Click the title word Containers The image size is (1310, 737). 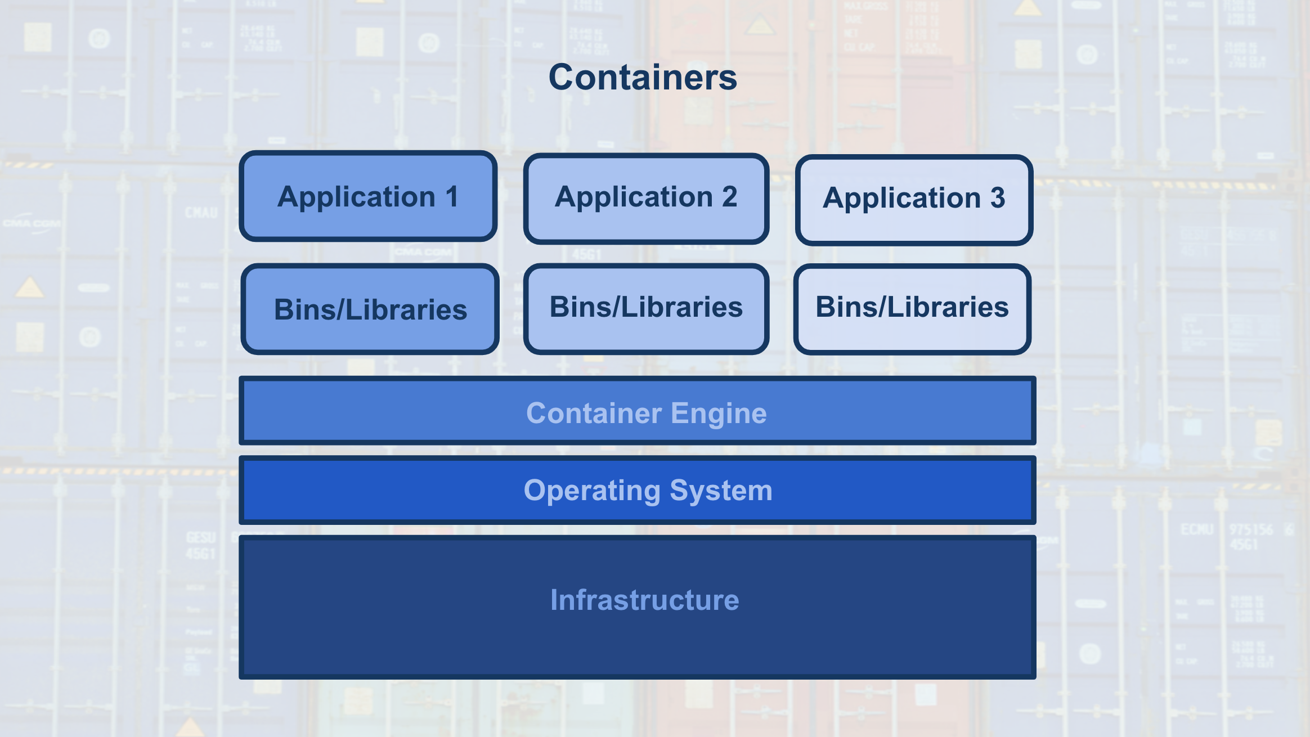(643, 77)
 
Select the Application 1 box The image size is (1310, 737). (368, 196)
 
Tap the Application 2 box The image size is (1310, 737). (646, 198)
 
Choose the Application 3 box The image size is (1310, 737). (914, 200)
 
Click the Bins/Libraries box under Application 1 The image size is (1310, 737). (370, 309)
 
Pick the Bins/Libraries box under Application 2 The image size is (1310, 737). (646, 308)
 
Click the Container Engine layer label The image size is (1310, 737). (646, 413)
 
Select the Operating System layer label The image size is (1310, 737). (648, 491)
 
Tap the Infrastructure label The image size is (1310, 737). (644, 600)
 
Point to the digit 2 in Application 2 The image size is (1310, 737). (729, 197)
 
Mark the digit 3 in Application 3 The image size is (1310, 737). (997, 198)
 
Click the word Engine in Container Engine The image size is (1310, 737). (718, 414)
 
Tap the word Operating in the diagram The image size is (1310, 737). (592, 491)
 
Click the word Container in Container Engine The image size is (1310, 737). (594, 414)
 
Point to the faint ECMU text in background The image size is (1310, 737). (1196, 529)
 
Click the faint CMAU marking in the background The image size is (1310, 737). (201, 213)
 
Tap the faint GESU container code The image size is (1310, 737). (201, 537)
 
